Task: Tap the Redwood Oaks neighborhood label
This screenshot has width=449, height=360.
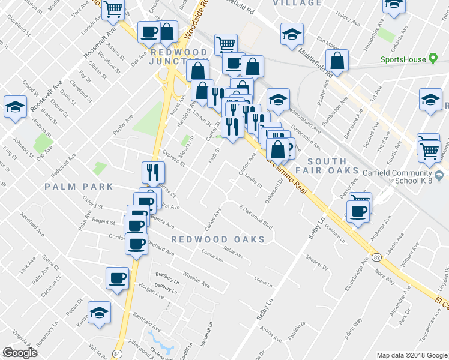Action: [x=218, y=239]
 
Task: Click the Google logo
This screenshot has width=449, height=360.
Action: [x=20, y=352]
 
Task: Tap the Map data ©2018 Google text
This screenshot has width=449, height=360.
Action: [x=411, y=354]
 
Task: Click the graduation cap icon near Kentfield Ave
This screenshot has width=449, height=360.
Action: [x=100, y=312]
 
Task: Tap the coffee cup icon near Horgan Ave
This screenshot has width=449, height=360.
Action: [x=117, y=278]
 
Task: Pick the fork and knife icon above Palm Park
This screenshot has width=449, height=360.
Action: [x=152, y=172]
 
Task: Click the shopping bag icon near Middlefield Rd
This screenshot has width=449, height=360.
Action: [x=338, y=61]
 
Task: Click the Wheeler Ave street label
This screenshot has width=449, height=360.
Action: [x=196, y=280]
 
